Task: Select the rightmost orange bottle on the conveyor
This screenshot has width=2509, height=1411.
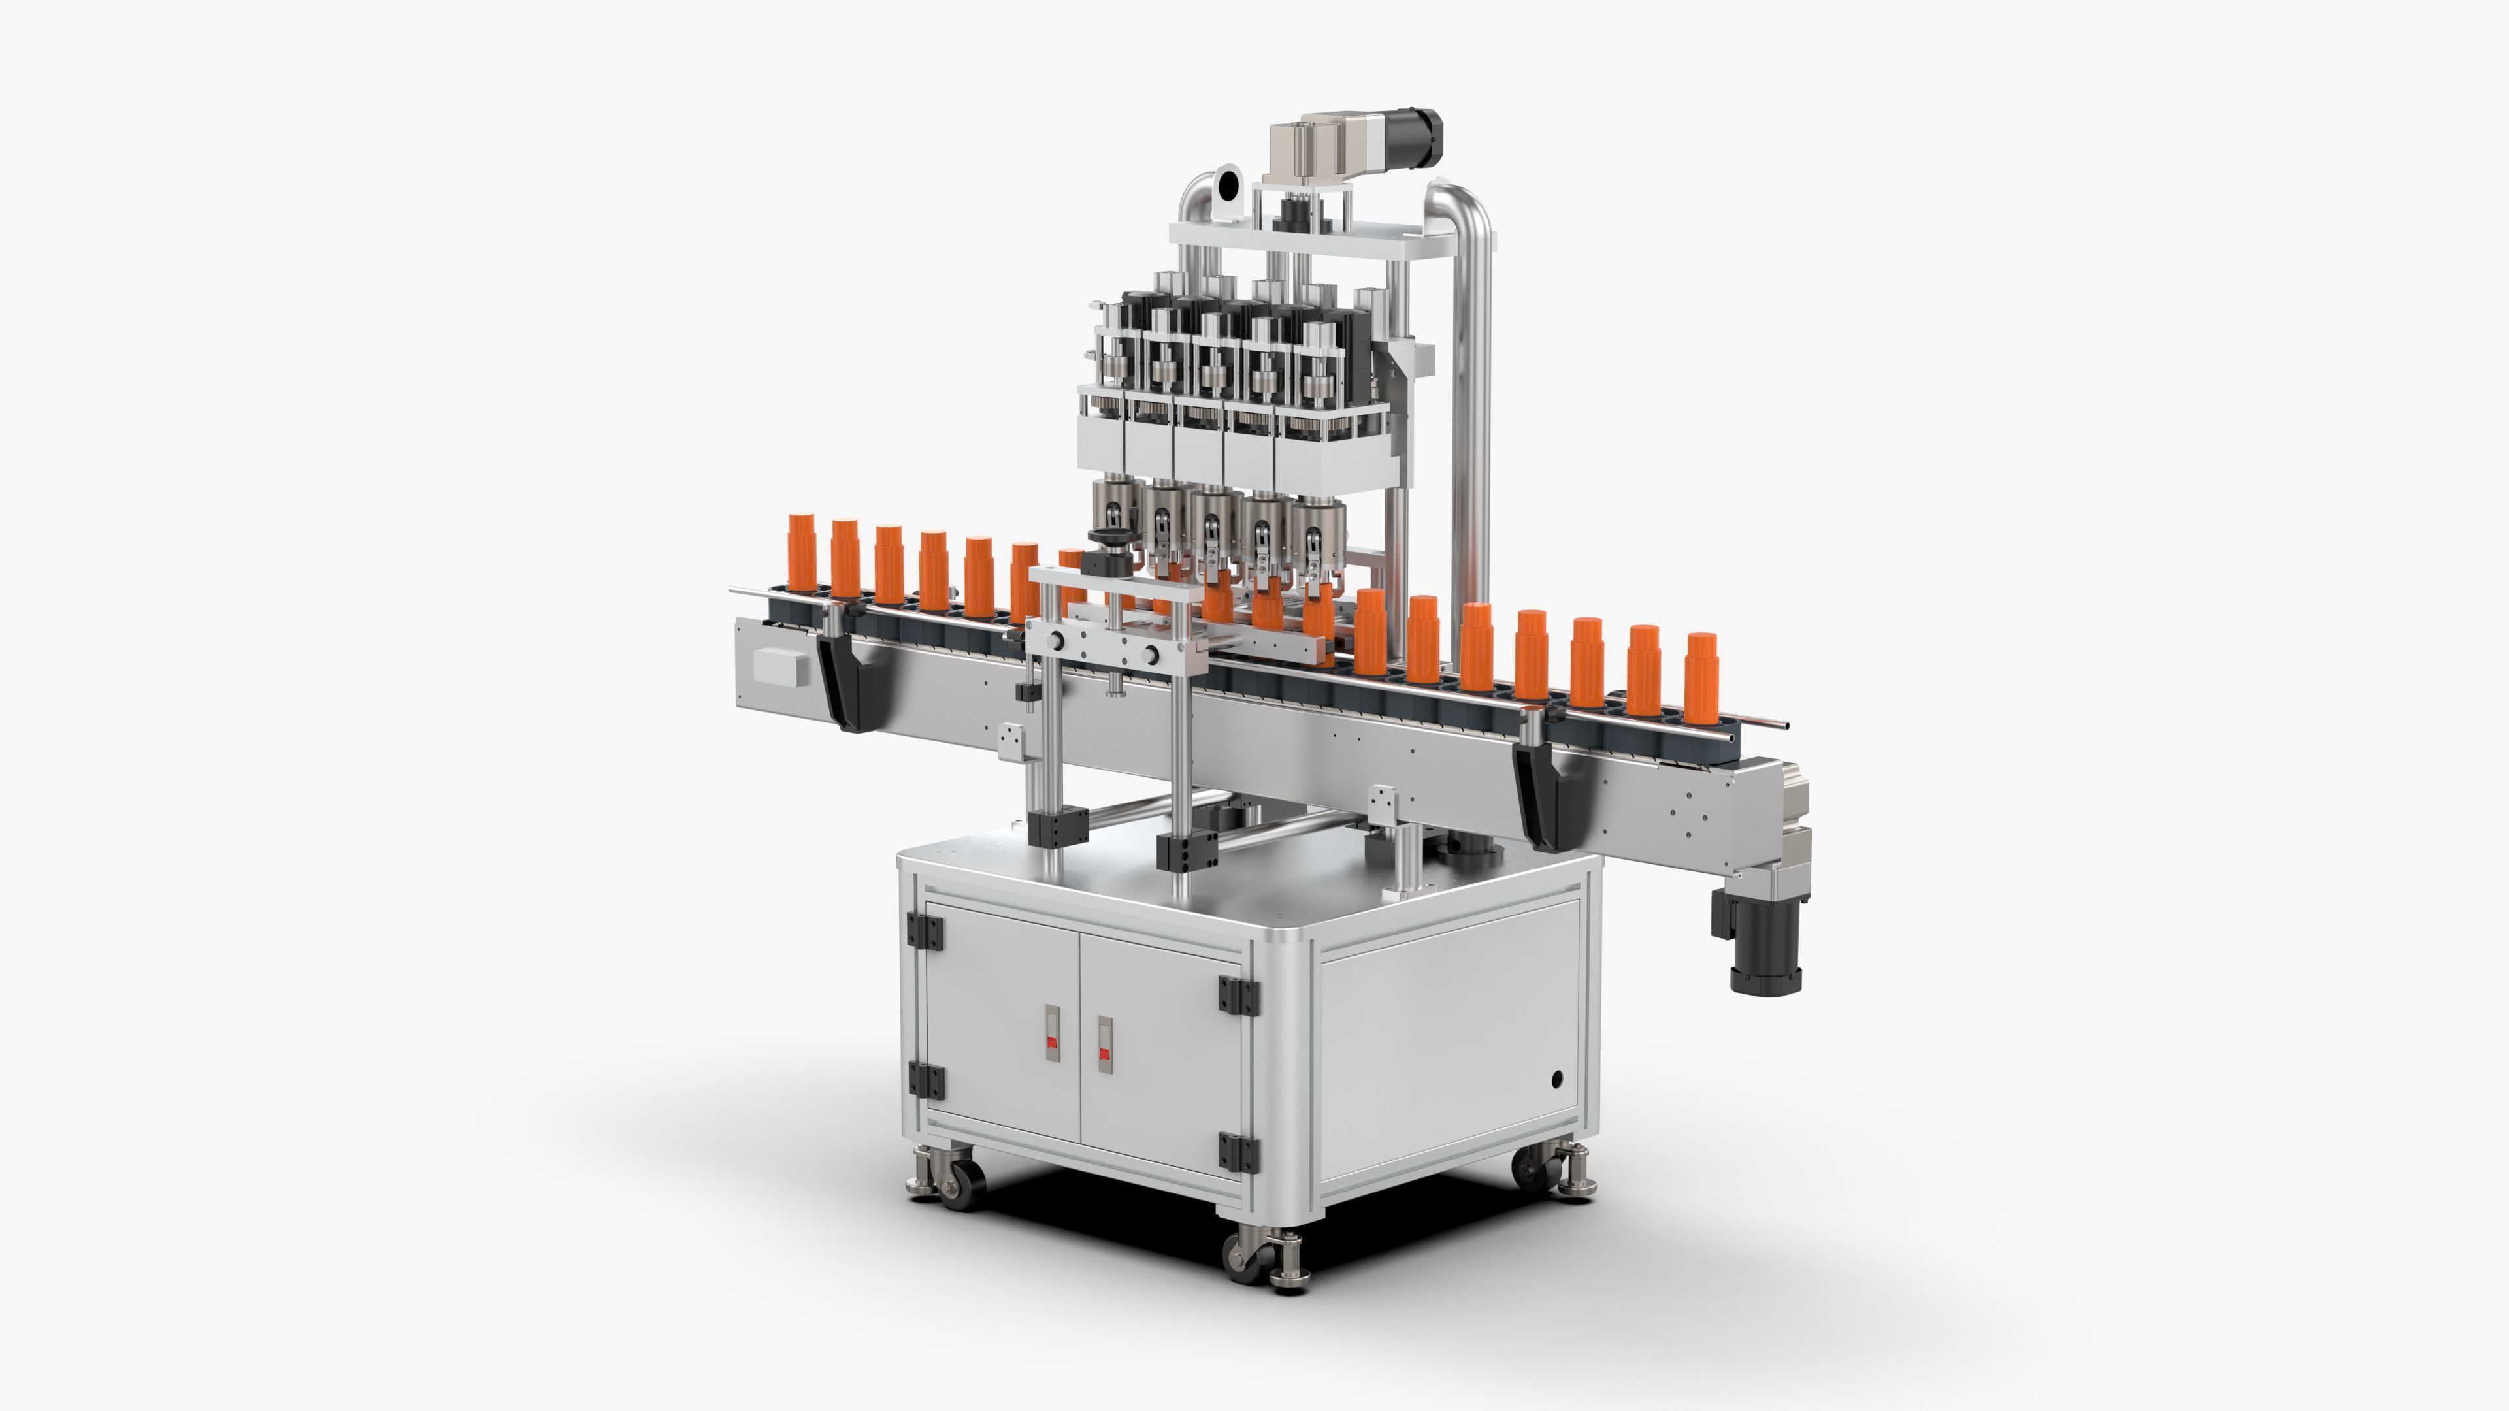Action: click(x=1701, y=678)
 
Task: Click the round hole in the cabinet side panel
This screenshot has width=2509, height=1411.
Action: click(x=1556, y=1078)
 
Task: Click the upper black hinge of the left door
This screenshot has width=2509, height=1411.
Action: click(x=925, y=930)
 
